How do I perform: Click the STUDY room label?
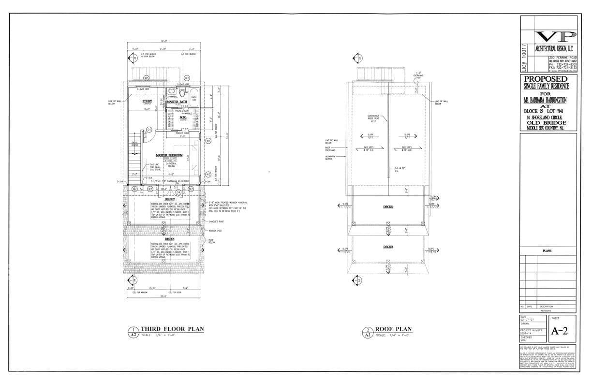(x=147, y=102)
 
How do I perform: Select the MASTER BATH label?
(x=177, y=102)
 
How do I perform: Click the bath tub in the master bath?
(x=193, y=94)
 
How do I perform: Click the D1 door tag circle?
(x=149, y=129)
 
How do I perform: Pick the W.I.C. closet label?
(x=183, y=117)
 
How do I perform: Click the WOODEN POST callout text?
(x=215, y=231)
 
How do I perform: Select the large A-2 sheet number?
(x=560, y=331)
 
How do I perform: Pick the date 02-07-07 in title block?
(x=528, y=320)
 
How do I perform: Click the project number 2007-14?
(x=528, y=333)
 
